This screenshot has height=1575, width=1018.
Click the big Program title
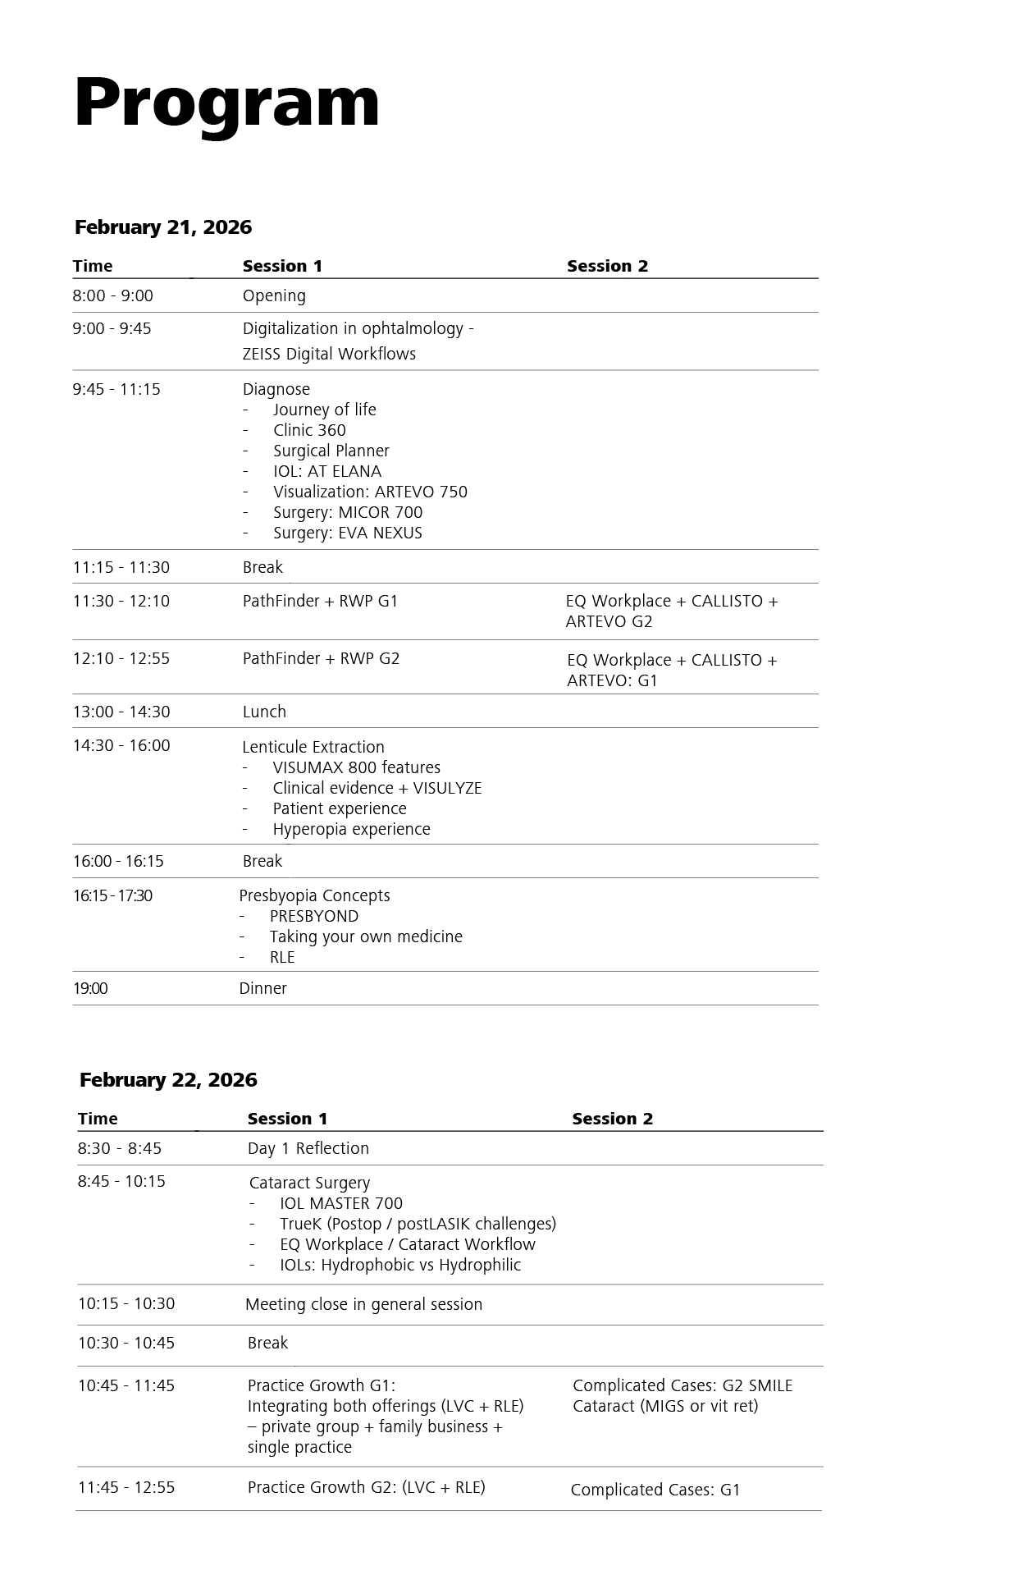[x=226, y=103]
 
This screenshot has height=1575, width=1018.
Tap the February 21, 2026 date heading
[x=163, y=227]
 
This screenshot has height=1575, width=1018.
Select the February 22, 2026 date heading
[x=168, y=1080]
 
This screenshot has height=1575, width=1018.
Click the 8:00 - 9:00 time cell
[x=113, y=296]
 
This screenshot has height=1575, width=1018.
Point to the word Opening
[x=274, y=296]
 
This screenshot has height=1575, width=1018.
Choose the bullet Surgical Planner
[x=331, y=451]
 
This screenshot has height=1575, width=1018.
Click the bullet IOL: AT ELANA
[x=326, y=471]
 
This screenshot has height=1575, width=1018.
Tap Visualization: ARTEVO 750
[x=370, y=492]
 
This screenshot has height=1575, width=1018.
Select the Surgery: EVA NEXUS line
[x=347, y=533]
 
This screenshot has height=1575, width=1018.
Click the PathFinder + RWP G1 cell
[x=320, y=601]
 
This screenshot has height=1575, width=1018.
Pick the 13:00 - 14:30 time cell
[x=121, y=712]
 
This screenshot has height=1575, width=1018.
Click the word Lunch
[x=264, y=712]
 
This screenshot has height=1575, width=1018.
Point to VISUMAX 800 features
[x=356, y=767]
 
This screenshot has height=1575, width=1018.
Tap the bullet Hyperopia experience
[x=351, y=829]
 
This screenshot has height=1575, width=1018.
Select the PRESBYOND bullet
[x=313, y=916]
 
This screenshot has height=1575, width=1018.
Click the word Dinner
[x=262, y=988]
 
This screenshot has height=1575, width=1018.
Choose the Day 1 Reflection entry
[x=308, y=1148]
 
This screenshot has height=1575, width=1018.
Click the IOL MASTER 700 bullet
[x=340, y=1203]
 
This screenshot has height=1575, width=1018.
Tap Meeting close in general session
[x=363, y=1304]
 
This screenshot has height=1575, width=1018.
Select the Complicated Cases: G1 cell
[x=655, y=1490]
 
